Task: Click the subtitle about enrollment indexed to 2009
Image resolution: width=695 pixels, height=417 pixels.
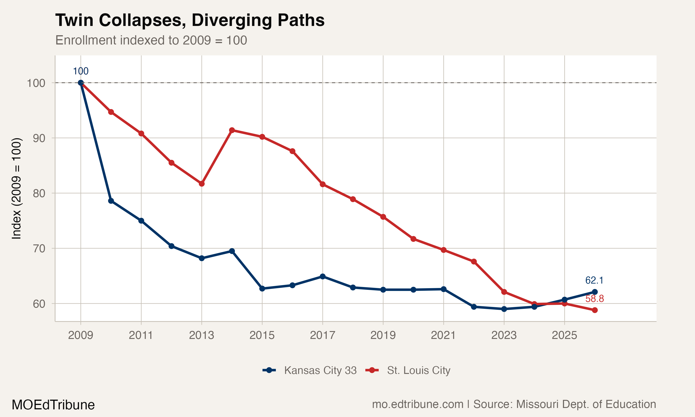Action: (x=151, y=40)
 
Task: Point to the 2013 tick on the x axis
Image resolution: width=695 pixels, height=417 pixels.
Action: (x=201, y=335)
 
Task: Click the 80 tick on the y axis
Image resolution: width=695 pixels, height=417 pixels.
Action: (x=39, y=193)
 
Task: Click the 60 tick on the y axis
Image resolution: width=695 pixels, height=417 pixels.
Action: (x=39, y=304)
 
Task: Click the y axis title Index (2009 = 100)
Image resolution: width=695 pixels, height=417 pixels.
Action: (x=16, y=189)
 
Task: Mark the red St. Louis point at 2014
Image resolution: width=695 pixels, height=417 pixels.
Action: (x=232, y=130)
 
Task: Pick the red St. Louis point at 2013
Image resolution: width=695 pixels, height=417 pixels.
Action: (x=201, y=184)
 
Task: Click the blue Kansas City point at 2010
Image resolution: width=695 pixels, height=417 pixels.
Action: (x=111, y=201)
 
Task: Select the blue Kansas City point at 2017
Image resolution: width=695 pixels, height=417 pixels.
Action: (x=322, y=277)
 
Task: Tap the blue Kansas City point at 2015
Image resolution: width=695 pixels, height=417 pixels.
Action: (x=262, y=289)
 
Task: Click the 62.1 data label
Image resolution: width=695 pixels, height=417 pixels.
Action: (x=594, y=280)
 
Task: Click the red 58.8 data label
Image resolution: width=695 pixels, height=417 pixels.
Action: (x=594, y=299)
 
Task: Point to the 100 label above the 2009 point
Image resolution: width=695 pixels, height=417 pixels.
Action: (x=81, y=71)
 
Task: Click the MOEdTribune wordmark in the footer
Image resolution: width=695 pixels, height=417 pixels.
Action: (x=53, y=405)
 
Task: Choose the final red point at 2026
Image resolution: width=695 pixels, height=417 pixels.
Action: (x=595, y=310)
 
